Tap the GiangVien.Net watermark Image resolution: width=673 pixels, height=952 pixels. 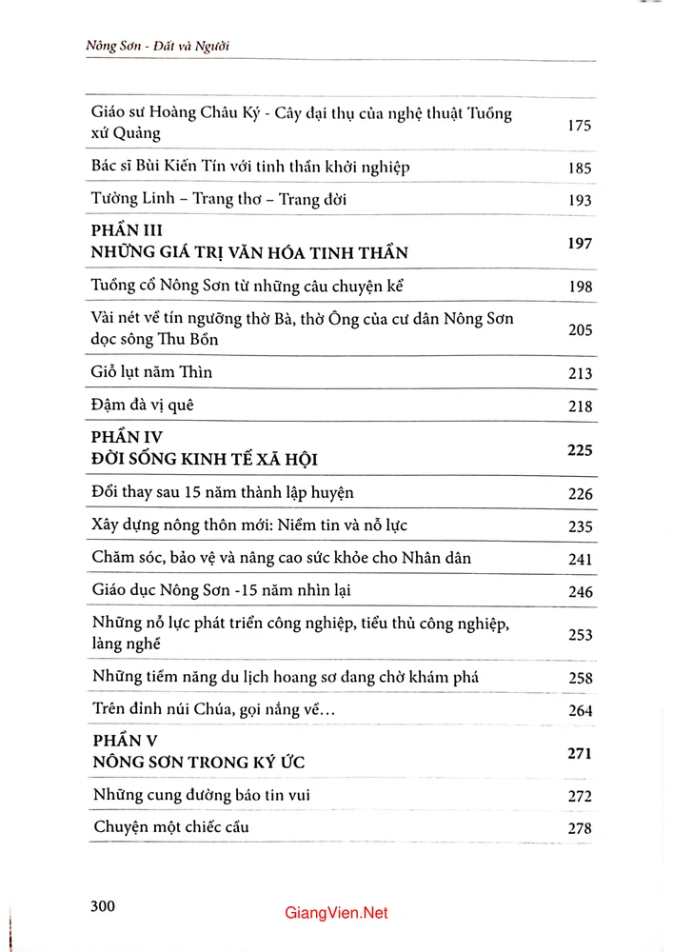336,913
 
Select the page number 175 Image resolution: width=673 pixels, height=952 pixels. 579,125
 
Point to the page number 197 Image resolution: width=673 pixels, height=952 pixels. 579,244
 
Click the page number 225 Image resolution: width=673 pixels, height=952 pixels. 579,450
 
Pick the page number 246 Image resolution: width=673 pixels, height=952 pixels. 579,592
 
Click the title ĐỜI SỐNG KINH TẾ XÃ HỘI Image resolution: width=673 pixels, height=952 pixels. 205,460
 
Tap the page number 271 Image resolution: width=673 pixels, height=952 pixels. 579,753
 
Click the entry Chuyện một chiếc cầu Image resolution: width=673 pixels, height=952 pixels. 171,826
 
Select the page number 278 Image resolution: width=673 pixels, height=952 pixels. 579,828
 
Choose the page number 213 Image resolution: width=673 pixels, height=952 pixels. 579,374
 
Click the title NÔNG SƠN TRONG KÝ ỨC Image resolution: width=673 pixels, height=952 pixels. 199,764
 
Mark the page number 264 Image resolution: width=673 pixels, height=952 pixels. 579,710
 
